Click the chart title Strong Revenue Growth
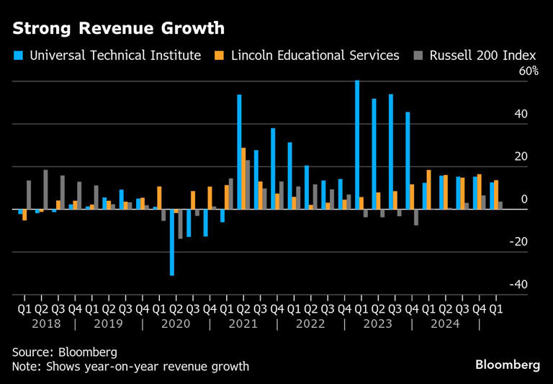coord(118,29)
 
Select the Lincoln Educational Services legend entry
coord(308,55)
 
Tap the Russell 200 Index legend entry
coord(477,55)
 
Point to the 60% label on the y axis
coord(527,71)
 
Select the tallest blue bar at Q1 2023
coord(357,144)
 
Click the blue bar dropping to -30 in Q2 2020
coord(172,242)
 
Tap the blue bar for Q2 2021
coord(239,151)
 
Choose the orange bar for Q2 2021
coord(243,178)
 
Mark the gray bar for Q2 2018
coord(45,189)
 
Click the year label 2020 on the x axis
coord(176,324)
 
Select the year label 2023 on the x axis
coord(378,324)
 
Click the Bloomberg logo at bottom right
coord(507,365)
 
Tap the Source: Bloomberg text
coord(64,352)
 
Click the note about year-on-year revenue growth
coord(130,367)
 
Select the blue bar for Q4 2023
coord(408,160)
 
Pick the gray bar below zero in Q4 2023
coord(416,217)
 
